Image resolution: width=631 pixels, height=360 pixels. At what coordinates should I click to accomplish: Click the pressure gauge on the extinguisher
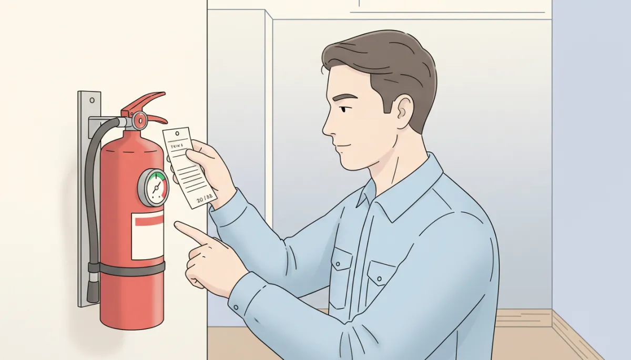click(153, 187)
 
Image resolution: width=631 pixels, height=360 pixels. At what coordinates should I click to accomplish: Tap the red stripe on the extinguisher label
click(149, 221)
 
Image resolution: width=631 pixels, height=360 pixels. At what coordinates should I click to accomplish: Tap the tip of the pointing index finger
click(177, 225)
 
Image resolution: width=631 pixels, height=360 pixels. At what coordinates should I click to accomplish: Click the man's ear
click(405, 109)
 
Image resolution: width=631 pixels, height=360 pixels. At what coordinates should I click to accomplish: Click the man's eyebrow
click(345, 98)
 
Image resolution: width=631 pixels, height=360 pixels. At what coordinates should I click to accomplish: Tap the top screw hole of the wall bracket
click(90, 99)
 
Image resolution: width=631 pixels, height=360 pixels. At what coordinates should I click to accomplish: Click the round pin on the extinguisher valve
click(140, 120)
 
